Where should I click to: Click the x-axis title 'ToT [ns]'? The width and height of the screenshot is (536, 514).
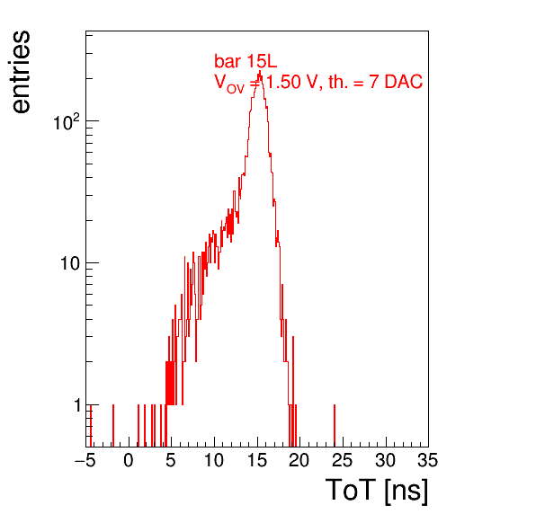pyautogui.click(x=377, y=491)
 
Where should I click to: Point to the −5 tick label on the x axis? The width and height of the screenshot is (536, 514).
pyautogui.click(x=85, y=460)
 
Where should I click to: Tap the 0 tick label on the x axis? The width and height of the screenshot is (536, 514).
pyautogui.click(x=129, y=460)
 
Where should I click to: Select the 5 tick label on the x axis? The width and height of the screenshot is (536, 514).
pyautogui.click(x=171, y=460)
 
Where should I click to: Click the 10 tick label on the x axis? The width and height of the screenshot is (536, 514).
pyautogui.click(x=214, y=460)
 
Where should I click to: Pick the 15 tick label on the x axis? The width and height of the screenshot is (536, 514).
pyautogui.click(x=257, y=460)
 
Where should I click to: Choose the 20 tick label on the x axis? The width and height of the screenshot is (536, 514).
pyautogui.click(x=299, y=460)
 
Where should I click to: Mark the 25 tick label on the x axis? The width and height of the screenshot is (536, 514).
pyautogui.click(x=342, y=460)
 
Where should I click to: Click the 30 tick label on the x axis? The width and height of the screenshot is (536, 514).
pyautogui.click(x=385, y=460)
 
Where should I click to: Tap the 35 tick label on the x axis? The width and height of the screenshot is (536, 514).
pyautogui.click(x=428, y=460)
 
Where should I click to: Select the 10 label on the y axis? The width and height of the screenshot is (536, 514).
pyautogui.click(x=70, y=263)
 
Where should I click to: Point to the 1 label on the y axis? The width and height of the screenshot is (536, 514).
pyautogui.click(x=77, y=406)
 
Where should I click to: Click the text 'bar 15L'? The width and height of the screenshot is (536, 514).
pyautogui.click(x=246, y=61)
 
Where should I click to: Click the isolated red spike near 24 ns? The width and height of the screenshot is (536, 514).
pyautogui.click(x=335, y=426)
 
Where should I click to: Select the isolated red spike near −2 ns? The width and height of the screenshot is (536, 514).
pyautogui.click(x=113, y=426)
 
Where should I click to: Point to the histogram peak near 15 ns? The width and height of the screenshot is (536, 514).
pyautogui.click(x=260, y=72)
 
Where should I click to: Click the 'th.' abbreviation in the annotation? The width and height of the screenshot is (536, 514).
pyautogui.click(x=338, y=82)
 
